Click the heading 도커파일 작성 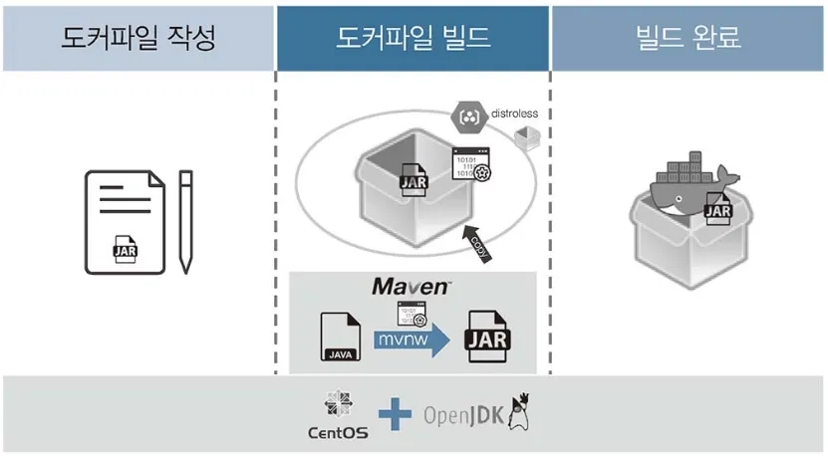pyautogui.click(x=138, y=38)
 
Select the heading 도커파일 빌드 pyautogui.click(x=414, y=38)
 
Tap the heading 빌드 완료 pyautogui.click(x=688, y=38)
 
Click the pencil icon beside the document pyautogui.click(x=185, y=221)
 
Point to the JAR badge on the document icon pyautogui.click(x=126, y=250)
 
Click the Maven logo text pyautogui.click(x=412, y=287)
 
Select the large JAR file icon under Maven pyautogui.click(x=487, y=338)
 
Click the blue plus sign pyautogui.click(x=394, y=413)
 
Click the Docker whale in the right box pyautogui.click(x=685, y=184)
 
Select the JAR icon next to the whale pyautogui.click(x=717, y=208)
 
